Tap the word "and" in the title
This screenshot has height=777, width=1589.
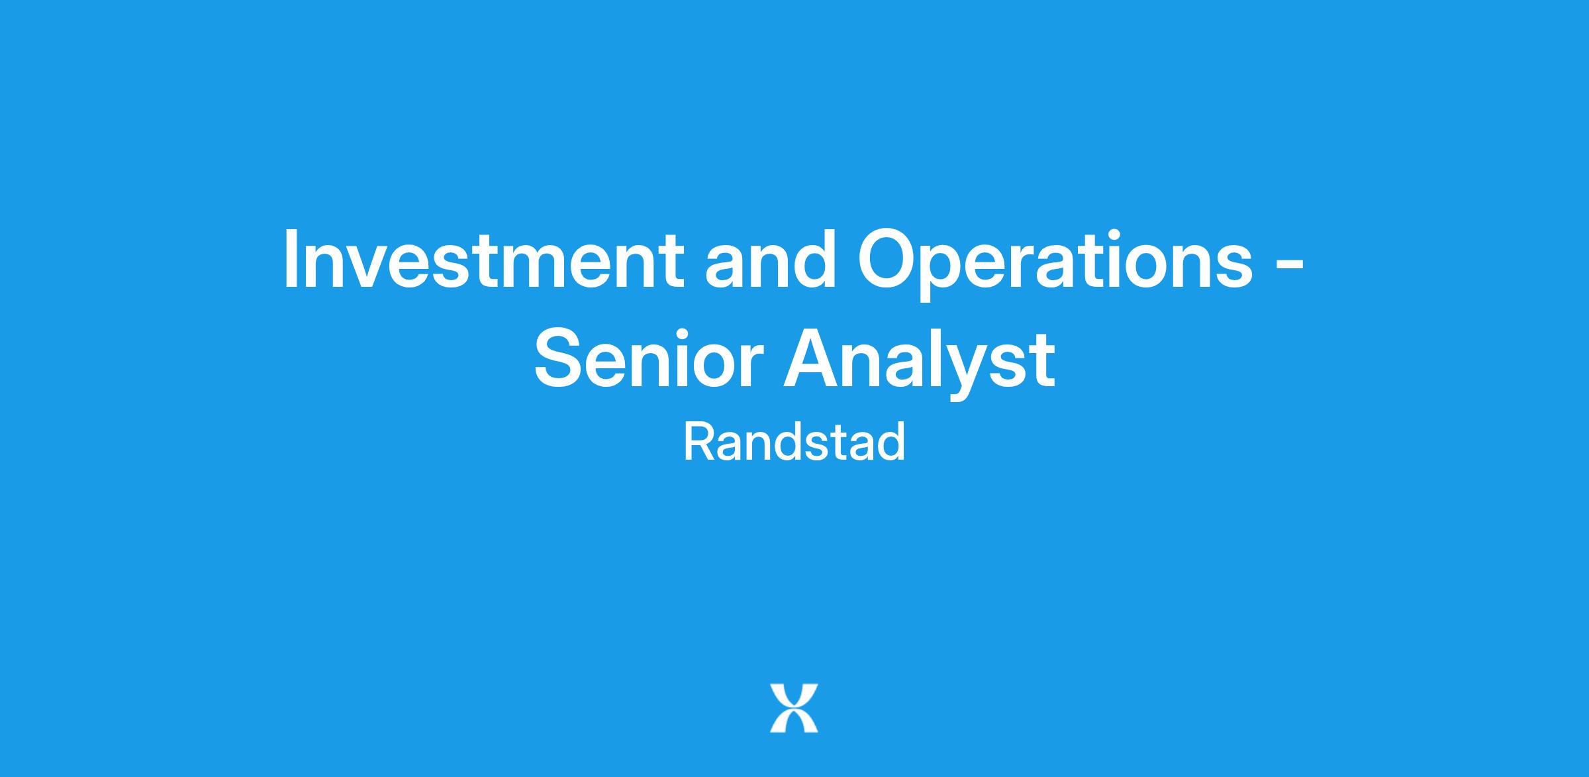pyautogui.click(x=771, y=259)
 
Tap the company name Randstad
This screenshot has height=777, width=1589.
pyautogui.click(x=794, y=442)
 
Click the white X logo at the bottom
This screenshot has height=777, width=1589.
pyautogui.click(x=794, y=708)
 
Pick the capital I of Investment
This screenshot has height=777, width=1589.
pyautogui.click(x=289, y=259)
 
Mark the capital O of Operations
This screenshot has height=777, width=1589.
pyautogui.click(x=887, y=259)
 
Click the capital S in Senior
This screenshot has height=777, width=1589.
pyautogui.click(x=559, y=358)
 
